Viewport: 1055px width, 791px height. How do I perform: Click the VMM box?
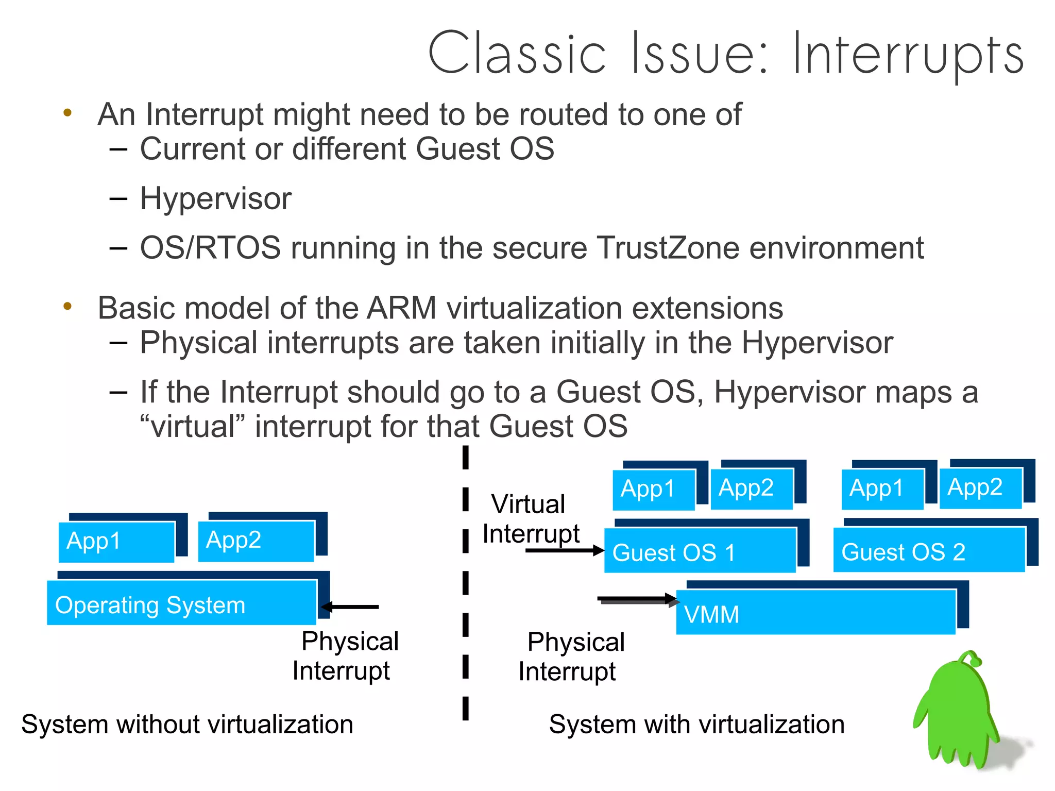click(x=815, y=612)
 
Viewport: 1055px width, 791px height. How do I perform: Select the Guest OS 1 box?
click(x=700, y=551)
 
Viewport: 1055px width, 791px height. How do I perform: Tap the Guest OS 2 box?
click(x=928, y=550)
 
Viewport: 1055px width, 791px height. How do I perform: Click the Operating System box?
click(x=181, y=603)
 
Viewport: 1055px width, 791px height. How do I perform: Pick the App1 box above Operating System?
click(x=116, y=542)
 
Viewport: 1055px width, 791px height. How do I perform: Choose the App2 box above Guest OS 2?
click(x=980, y=488)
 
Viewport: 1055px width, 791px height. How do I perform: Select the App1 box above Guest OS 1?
click(x=653, y=490)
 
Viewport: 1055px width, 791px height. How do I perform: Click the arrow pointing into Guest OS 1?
click(x=565, y=550)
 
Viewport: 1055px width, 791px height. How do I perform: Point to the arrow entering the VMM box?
click(x=637, y=599)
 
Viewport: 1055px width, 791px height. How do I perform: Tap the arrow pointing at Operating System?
click(x=351, y=607)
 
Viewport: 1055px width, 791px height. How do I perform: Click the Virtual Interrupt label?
click(x=531, y=518)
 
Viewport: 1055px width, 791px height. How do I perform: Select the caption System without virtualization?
click(x=187, y=725)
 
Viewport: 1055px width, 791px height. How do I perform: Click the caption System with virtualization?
click(x=696, y=725)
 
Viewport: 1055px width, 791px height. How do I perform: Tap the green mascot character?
click(x=958, y=711)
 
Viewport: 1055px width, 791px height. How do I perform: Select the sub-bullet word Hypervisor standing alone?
click(x=215, y=199)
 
